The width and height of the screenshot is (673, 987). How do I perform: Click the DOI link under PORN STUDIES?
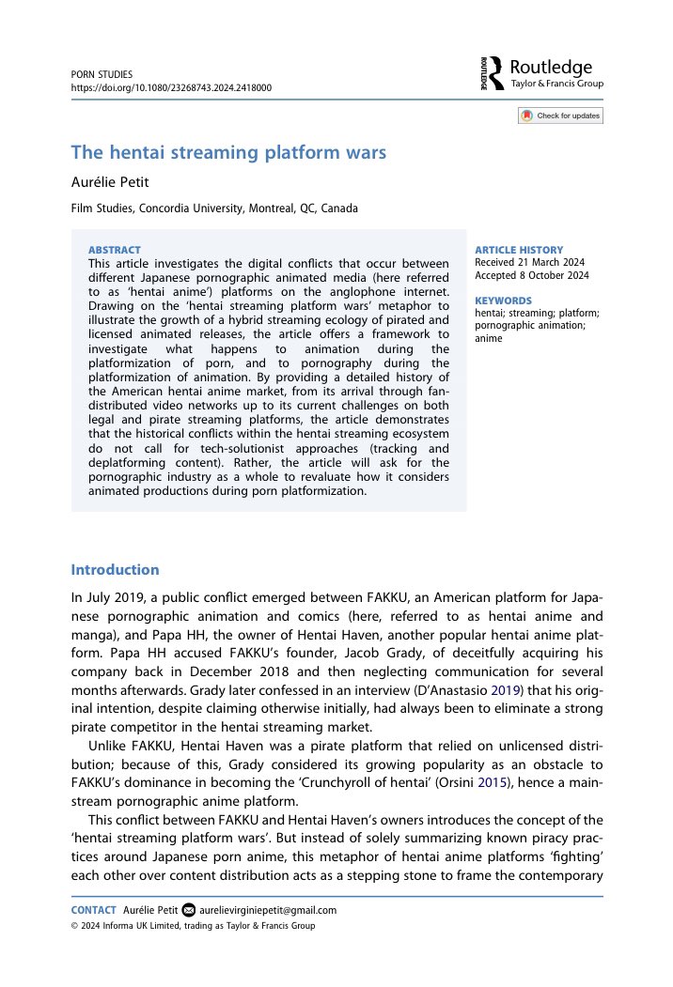(x=172, y=87)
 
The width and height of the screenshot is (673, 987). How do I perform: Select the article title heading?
(x=229, y=152)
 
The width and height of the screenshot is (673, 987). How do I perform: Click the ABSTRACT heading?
(x=114, y=251)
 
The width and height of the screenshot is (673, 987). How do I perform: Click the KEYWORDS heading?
(x=504, y=301)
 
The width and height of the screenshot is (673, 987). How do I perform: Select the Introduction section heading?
(x=116, y=570)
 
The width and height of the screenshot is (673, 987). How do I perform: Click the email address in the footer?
(x=268, y=910)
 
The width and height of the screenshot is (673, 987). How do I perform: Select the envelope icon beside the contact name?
(x=188, y=910)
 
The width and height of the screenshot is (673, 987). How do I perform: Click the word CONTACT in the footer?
(x=94, y=910)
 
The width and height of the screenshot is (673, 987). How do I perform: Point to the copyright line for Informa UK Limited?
(x=194, y=926)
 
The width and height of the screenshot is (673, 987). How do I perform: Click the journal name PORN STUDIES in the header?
(x=102, y=73)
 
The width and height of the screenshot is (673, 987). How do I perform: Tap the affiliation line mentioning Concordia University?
(x=214, y=208)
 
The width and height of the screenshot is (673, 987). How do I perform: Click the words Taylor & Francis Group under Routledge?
(x=556, y=85)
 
